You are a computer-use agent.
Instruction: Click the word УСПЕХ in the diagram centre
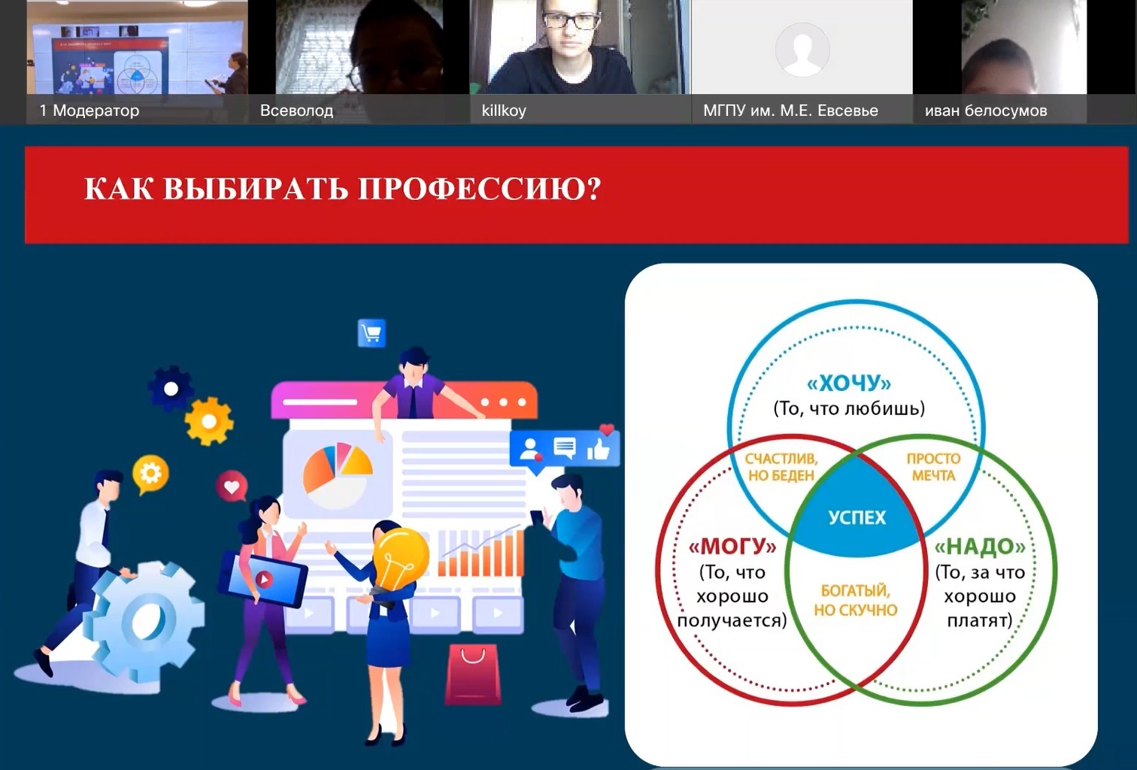click(857, 517)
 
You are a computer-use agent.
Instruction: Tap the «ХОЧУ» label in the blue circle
click(849, 383)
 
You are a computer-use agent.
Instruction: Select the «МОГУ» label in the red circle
click(732, 547)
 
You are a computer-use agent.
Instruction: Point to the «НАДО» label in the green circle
click(980, 547)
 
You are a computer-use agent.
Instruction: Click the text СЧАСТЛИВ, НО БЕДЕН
click(781, 467)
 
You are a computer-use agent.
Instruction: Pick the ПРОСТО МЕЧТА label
click(933, 467)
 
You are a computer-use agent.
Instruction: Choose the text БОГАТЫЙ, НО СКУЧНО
click(855, 600)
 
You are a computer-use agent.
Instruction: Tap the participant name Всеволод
click(296, 111)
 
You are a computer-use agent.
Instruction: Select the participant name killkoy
click(504, 111)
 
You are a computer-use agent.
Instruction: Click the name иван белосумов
click(986, 111)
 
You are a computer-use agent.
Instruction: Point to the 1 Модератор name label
click(89, 111)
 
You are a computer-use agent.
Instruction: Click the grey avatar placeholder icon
click(802, 50)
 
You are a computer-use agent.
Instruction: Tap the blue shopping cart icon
click(371, 333)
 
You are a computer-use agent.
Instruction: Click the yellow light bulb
click(399, 559)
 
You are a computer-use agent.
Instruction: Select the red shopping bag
click(472, 674)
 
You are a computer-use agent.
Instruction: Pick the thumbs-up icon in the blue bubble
click(598, 449)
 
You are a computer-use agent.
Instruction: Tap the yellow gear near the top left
click(209, 421)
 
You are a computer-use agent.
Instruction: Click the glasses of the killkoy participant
click(572, 20)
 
